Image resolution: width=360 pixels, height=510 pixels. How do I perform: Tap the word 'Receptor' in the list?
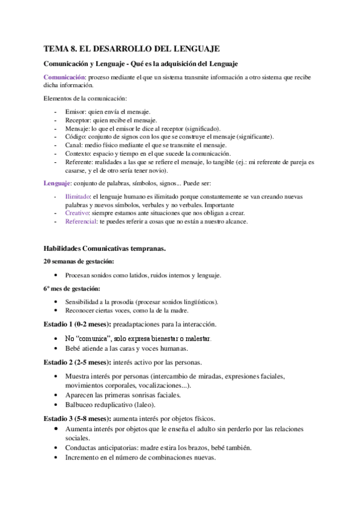(78, 120)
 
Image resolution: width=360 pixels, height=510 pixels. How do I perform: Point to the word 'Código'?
(76, 137)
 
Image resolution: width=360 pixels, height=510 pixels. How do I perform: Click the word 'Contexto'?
(78, 153)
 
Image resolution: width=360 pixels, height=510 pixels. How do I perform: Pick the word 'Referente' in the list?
(79, 162)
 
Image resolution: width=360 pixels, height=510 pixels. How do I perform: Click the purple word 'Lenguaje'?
(58, 183)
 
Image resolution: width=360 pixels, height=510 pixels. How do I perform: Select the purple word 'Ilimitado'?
(78, 197)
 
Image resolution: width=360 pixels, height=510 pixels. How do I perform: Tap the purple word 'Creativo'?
(77, 214)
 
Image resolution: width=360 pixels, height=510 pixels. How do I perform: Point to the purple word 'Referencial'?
(81, 221)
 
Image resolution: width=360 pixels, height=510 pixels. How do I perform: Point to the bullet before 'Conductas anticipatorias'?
(56, 448)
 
